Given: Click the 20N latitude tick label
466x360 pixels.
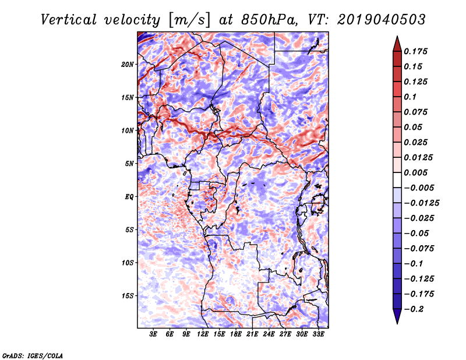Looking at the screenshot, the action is pyautogui.click(x=128, y=65).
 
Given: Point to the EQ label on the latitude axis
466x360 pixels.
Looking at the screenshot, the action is pyautogui.click(x=129, y=197).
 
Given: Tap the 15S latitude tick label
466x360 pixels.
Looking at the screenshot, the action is pyautogui.click(x=128, y=296).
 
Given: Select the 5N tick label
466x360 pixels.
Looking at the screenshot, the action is pyautogui.click(x=129, y=164).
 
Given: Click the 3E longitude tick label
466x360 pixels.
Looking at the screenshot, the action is pyautogui.click(x=153, y=334).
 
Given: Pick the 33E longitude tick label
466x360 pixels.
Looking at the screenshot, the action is pyautogui.click(x=318, y=334).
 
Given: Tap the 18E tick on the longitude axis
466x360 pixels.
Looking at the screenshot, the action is pyautogui.click(x=236, y=334).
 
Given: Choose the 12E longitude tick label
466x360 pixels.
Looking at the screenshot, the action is pyautogui.click(x=203, y=334).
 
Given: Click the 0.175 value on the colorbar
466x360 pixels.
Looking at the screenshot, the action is pyautogui.click(x=415, y=51).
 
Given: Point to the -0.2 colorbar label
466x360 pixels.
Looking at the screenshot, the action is pyautogui.click(x=414, y=309).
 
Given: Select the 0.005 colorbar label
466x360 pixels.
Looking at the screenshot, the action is pyautogui.click(x=415, y=172).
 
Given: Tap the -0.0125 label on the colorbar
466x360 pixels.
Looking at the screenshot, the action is pyautogui.click(x=421, y=203).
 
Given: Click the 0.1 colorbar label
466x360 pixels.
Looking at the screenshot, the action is pyautogui.click(x=410, y=97).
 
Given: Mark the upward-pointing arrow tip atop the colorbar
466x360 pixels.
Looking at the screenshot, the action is pyautogui.click(x=397, y=36).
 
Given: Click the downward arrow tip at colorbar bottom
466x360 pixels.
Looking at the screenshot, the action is pyautogui.click(x=397, y=324).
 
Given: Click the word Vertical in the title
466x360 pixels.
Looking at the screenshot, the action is pyautogui.click(x=68, y=20).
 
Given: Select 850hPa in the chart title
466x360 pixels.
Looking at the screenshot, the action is pyautogui.click(x=269, y=20).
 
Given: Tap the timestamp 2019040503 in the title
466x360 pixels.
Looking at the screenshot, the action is pyautogui.click(x=382, y=20).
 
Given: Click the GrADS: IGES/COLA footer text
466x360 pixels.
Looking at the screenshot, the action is pyautogui.click(x=33, y=356).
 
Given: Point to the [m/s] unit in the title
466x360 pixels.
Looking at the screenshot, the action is pyautogui.click(x=190, y=20).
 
